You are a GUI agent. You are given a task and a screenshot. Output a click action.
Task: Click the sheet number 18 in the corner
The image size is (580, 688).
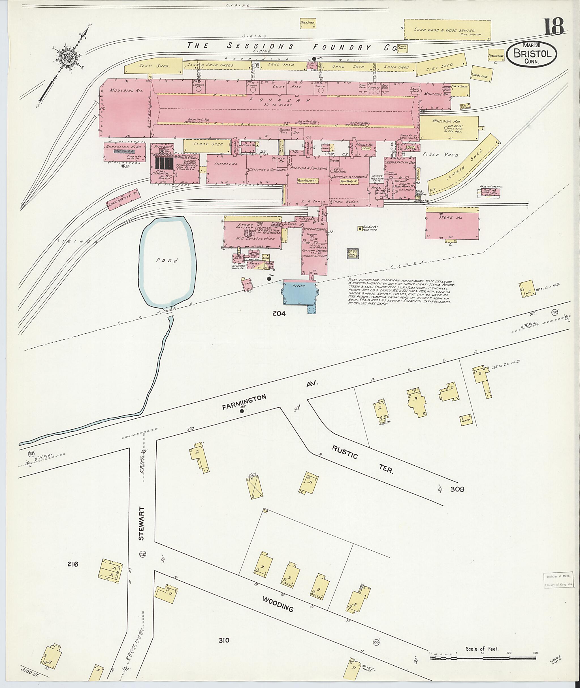tap(553, 27)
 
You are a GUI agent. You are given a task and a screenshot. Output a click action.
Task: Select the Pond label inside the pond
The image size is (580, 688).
tap(167, 261)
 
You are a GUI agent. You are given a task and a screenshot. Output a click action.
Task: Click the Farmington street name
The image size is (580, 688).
tap(244, 402)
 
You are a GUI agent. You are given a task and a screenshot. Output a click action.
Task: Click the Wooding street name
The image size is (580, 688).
tap(278, 604)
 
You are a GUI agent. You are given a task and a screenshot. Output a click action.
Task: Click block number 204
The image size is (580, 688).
tap(279, 314)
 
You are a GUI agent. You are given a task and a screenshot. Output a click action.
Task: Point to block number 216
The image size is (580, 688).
tap(73, 564)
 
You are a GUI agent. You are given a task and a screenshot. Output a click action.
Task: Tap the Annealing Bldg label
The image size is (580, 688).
tap(118, 147)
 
